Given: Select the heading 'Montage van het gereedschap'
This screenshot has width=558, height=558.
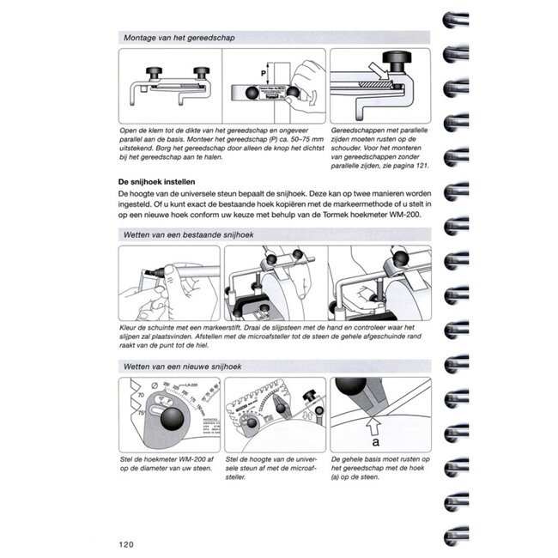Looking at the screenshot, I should [x=179, y=39].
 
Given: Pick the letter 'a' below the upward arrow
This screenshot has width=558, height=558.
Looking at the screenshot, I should [x=375, y=444].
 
